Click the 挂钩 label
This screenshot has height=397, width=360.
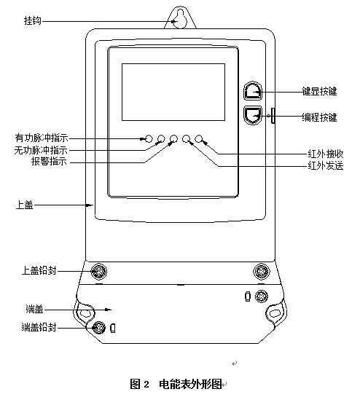(32, 21)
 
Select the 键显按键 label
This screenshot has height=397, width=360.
(319, 91)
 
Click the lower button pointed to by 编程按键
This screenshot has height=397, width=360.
(253, 115)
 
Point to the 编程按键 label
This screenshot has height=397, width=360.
(319, 118)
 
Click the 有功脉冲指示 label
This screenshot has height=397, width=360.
(42, 138)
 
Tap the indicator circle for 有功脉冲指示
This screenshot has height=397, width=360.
(149, 138)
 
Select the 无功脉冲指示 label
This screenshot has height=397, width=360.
(41, 150)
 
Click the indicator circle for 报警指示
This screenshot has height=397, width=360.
(173, 138)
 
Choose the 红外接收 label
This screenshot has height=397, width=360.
(326, 154)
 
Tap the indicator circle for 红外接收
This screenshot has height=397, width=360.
(199, 138)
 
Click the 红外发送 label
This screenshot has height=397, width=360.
(326, 166)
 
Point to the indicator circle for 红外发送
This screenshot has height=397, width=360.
(187, 138)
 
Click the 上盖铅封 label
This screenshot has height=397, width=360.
(39, 271)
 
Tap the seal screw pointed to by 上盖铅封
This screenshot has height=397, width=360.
(99, 272)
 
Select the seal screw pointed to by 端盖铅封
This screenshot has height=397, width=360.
(99, 328)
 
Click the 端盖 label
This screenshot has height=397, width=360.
(34, 309)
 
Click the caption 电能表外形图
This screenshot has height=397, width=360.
(190, 384)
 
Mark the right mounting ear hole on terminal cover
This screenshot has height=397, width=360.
(274, 313)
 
